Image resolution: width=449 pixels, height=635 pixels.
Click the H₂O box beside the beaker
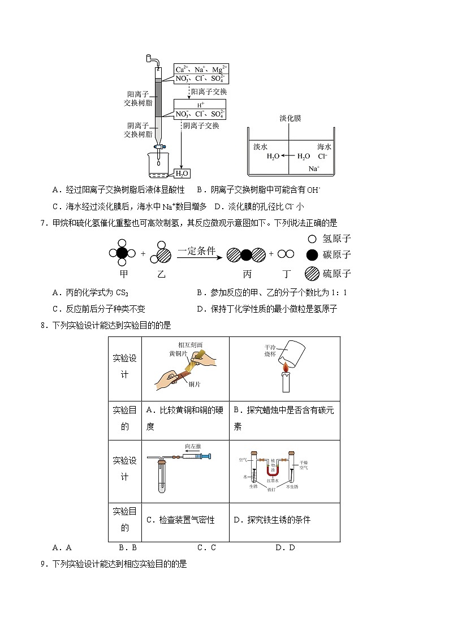pyautogui.click(x=182, y=174)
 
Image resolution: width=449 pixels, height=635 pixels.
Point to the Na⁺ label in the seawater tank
pyautogui.click(x=314, y=169)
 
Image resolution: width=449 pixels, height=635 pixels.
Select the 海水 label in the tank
pyautogui.click(x=325, y=146)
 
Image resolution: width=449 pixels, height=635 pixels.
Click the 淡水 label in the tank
pyautogui.click(x=261, y=146)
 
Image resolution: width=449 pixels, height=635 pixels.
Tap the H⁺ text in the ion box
pyautogui.click(x=200, y=105)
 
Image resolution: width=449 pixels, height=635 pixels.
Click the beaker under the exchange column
pyautogui.click(x=160, y=166)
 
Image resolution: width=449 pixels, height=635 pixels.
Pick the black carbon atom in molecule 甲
pyautogui.click(x=122, y=253)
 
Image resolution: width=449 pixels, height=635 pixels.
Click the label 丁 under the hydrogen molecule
pyautogui.click(x=287, y=274)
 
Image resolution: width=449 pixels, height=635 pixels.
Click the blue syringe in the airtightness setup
pyautogui.click(x=201, y=456)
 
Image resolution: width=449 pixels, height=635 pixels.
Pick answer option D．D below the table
pyautogui.click(x=285, y=547)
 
